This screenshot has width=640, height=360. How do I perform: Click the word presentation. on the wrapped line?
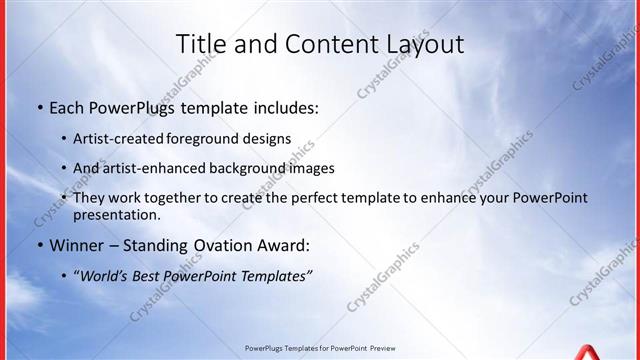coord(116,214)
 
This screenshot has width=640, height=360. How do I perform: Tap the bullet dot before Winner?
coord(39,245)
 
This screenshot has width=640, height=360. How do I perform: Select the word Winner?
coord(77,245)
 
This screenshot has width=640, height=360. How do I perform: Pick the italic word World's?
coord(108,275)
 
